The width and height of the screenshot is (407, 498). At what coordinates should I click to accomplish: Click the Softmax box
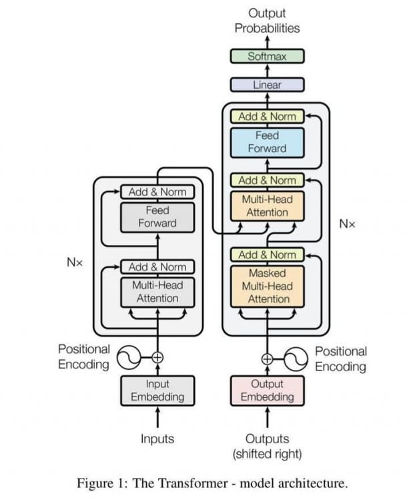(x=267, y=56)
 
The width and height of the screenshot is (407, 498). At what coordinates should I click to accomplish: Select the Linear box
(x=267, y=85)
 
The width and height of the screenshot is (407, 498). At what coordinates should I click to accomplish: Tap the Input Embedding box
(x=157, y=391)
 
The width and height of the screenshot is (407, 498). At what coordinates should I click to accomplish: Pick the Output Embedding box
(x=267, y=391)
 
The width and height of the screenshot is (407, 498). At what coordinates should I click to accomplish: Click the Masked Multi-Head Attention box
(x=267, y=286)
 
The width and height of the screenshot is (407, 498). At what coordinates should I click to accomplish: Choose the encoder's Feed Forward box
(x=157, y=217)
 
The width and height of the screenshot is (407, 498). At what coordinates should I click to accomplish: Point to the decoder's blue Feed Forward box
(x=267, y=142)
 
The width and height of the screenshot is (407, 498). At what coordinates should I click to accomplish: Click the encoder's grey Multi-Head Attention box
(x=157, y=292)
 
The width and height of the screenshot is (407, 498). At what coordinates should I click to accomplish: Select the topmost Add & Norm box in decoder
(x=267, y=117)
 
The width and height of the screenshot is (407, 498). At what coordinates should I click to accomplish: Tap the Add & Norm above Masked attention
(x=267, y=255)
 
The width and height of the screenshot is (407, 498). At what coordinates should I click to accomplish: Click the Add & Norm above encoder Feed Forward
(x=157, y=192)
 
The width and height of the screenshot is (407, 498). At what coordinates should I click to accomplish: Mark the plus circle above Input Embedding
(x=157, y=357)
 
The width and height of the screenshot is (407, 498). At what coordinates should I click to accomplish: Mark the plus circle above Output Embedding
(x=267, y=358)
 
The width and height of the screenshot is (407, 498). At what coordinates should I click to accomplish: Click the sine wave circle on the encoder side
(x=128, y=357)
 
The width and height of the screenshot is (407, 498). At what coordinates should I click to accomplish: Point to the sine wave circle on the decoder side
(x=296, y=358)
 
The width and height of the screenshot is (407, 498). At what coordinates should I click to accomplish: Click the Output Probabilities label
(x=267, y=21)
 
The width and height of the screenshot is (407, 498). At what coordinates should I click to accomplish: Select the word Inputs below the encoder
(x=157, y=439)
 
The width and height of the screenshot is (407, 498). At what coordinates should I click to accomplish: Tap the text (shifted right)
(x=267, y=455)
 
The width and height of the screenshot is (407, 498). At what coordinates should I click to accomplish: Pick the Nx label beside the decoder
(x=348, y=224)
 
